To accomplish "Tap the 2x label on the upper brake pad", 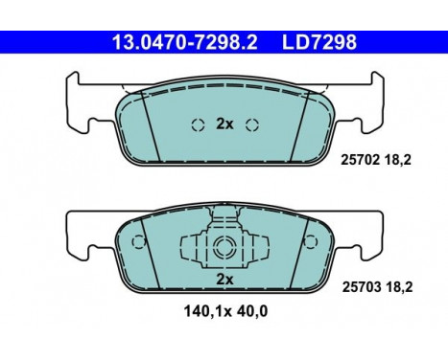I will [224, 124].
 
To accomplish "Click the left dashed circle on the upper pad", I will [197, 124].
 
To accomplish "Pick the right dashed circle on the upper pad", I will [252, 124].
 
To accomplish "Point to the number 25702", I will [361, 164].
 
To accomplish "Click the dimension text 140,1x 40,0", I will [224, 309].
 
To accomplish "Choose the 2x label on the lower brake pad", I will [224, 279].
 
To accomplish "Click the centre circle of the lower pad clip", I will [224, 246].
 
